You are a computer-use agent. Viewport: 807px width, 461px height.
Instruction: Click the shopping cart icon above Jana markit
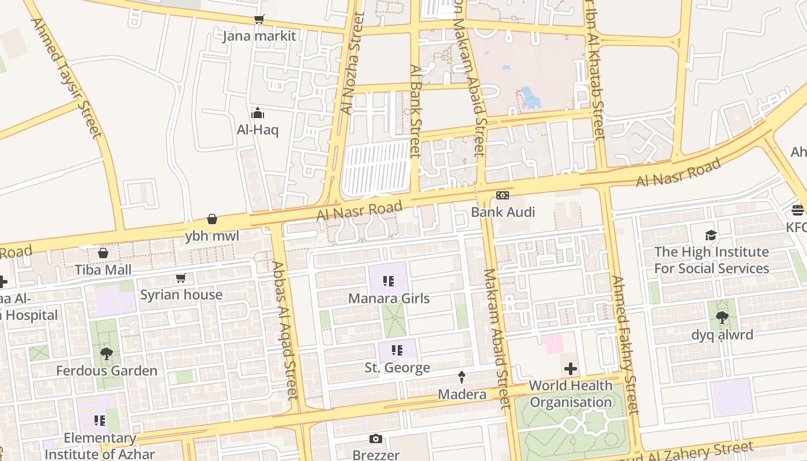[259, 20]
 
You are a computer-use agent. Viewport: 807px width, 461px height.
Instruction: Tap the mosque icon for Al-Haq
[258, 113]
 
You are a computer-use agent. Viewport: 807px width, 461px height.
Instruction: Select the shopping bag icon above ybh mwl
[212, 220]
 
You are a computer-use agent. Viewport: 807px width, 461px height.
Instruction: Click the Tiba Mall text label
[103, 270]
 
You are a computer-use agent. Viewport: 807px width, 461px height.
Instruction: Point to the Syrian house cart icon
[181, 278]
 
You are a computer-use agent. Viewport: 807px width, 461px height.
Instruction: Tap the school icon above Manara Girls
[389, 281]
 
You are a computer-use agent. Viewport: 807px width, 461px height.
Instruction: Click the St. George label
[397, 368]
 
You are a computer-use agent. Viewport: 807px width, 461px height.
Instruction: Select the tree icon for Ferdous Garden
[106, 354]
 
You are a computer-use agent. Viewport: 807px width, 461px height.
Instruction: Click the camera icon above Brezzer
[376, 439]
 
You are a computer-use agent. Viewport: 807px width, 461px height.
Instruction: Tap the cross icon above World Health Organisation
[571, 369]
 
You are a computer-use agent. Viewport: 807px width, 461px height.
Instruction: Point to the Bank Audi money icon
[503, 195]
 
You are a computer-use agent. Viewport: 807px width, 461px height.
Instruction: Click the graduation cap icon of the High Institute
[711, 235]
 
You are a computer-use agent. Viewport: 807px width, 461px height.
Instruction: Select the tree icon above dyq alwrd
[722, 318]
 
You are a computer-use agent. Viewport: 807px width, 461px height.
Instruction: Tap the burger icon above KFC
[798, 210]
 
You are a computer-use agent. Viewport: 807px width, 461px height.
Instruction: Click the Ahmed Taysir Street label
[65, 78]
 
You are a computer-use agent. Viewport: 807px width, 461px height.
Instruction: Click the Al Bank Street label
[416, 111]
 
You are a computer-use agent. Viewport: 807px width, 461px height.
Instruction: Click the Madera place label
[462, 394]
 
